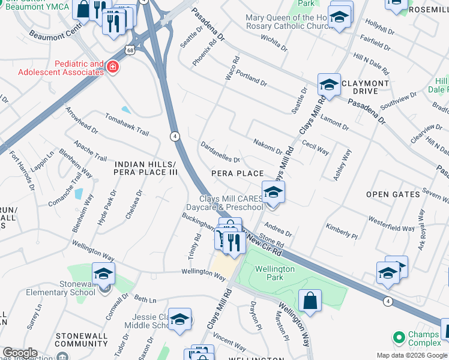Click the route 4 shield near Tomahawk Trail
[174, 136]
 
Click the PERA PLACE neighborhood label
[238, 173]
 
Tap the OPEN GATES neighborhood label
[393, 194]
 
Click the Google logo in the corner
[20, 353]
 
